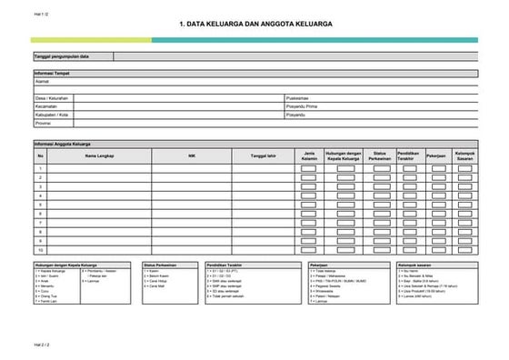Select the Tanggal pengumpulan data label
click(x=62, y=56)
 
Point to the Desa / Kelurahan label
click(x=52, y=97)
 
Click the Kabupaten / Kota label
click(x=51, y=115)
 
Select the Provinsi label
click(x=43, y=123)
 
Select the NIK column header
click(x=191, y=155)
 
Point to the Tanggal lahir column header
click(x=264, y=155)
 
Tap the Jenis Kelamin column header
click(x=309, y=155)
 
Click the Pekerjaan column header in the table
click(x=436, y=155)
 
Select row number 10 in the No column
click(x=40, y=249)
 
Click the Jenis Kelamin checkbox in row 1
click(x=309, y=169)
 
